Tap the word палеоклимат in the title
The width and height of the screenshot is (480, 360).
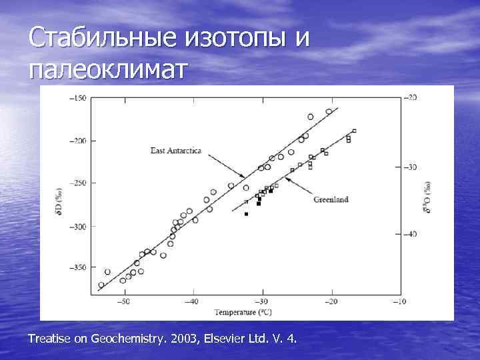[x=109, y=69]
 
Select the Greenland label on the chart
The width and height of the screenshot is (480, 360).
[x=331, y=199]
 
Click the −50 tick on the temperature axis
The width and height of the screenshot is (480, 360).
[x=124, y=302]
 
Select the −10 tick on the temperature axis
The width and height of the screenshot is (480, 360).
[x=399, y=302]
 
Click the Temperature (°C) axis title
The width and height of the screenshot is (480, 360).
[x=243, y=311]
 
